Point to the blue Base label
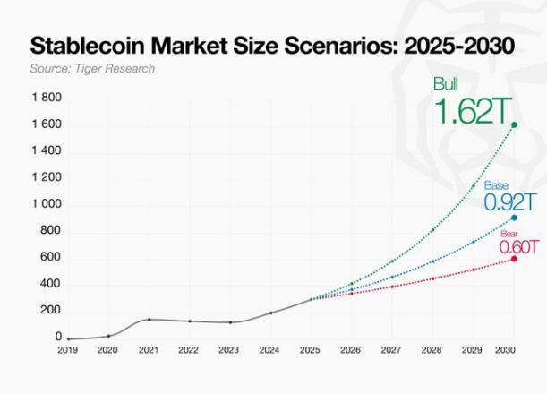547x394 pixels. [x=496, y=185]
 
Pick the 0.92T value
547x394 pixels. [x=510, y=202]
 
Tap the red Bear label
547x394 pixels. [x=509, y=234]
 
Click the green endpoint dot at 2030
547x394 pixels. [x=514, y=125]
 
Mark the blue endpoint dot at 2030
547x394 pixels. [x=514, y=218]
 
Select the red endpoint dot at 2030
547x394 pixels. [x=514, y=259]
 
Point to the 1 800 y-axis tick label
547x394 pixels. [x=47, y=98]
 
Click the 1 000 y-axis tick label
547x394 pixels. [x=47, y=204]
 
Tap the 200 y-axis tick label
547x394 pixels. [x=51, y=310]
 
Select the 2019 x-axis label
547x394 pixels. [x=68, y=350]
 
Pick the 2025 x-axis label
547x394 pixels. [x=311, y=350]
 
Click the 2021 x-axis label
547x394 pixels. [x=149, y=350]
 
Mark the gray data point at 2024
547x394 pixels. [x=270, y=313]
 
